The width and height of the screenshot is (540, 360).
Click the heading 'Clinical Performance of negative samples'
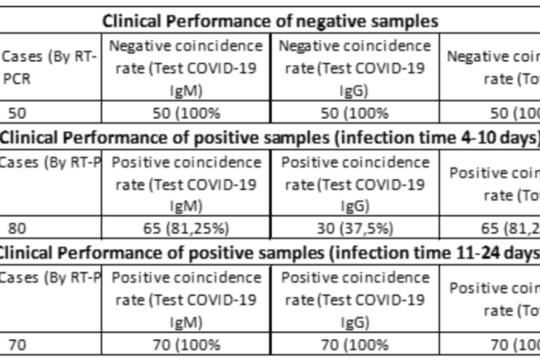[x=270, y=20]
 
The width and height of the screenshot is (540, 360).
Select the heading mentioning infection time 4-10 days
[x=270, y=137]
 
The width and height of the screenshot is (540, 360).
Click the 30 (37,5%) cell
[x=355, y=228]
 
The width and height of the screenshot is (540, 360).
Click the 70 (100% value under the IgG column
[x=355, y=343]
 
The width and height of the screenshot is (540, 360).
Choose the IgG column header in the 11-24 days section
[x=355, y=297]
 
